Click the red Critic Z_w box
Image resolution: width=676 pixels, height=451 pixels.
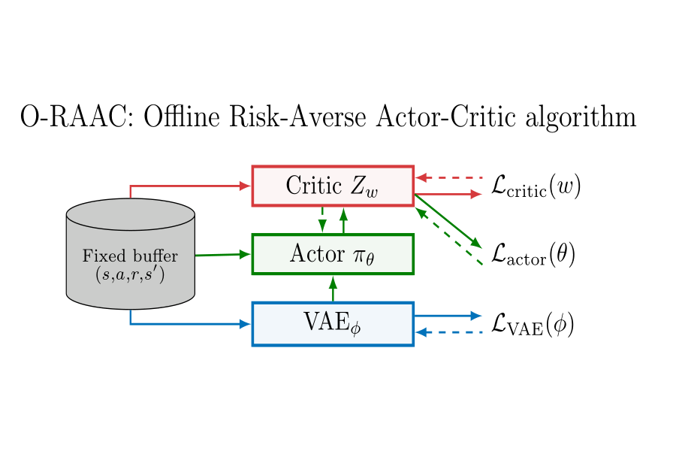pos(333,186)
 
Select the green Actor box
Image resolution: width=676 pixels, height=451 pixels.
pos(333,254)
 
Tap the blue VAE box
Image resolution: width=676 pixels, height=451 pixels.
pos(333,324)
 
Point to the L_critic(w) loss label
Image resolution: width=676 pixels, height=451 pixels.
pos(536,186)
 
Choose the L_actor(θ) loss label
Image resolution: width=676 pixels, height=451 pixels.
pos(533,255)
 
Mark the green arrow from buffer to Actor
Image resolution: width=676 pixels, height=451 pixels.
pos(222,255)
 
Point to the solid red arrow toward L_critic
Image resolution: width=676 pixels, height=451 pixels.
pos(448,195)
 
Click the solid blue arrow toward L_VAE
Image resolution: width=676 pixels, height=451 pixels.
pos(448,316)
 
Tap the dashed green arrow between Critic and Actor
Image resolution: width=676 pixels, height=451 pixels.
pos(322,219)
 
